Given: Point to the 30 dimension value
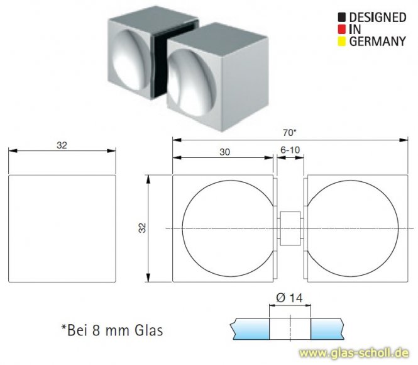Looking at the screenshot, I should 224,152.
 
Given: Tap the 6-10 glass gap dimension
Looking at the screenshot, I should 290,152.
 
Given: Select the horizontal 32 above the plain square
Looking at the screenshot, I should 62,145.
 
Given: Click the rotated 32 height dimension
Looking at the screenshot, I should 142,228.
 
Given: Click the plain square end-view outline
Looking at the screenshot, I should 63,228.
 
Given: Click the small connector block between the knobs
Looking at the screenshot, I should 290,228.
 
